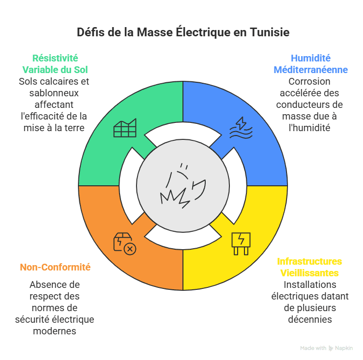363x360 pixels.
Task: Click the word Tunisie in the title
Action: tap(269, 33)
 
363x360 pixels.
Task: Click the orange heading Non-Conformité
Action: tap(55, 267)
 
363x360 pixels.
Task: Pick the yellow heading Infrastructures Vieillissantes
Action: tap(309, 267)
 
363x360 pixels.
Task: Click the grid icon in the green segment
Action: tap(125, 128)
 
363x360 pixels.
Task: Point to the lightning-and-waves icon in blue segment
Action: tap(241, 128)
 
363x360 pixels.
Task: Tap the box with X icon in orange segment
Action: tap(125, 243)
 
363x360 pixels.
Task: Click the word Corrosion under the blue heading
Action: tap(309, 82)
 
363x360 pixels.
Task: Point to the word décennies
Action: tap(310, 319)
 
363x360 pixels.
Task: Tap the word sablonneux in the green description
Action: tap(54, 93)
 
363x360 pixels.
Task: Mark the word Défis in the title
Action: tap(91, 33)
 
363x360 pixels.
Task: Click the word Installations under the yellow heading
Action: tap(310, 285)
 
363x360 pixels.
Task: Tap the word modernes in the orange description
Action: tap(54, 331)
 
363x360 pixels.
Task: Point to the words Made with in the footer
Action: tap(313, 348)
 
